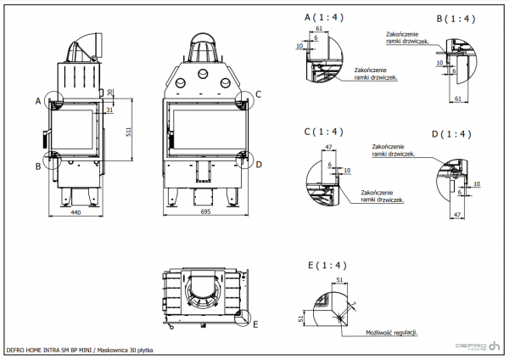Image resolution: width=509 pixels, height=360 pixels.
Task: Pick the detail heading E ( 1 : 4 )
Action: coord(324,266)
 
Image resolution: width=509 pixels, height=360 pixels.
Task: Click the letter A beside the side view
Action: coord(37,101)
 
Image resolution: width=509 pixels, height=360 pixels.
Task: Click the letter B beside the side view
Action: coord(37,166)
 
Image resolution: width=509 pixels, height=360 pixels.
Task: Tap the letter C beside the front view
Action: coord(259,93)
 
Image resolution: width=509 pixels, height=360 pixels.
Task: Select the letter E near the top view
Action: coord(256,323)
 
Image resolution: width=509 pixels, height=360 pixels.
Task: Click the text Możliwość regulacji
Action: coord(391,335)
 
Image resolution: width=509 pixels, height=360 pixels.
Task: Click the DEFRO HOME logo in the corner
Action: coord(478,346)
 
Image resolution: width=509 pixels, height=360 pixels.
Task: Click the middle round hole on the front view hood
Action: coord(204,74)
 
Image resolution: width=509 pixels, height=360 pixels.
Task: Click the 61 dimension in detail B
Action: coord(457,99)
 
